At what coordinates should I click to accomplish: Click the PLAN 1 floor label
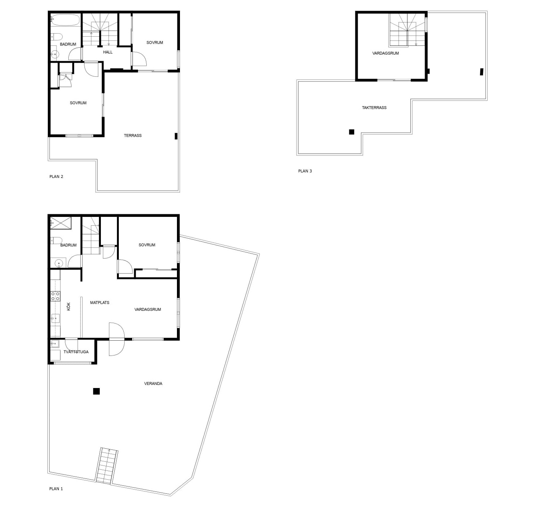coord(56,488)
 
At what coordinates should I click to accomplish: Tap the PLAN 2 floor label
coord(56,176)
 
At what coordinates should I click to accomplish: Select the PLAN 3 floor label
coord(305,171)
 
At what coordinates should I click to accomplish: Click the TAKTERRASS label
coord(374,108)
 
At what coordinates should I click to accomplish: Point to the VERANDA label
coord(153,383)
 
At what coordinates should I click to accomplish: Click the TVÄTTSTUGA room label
coord(76,352)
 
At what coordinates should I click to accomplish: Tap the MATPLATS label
coord(99,302)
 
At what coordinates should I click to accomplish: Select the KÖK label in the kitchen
coord(68,306)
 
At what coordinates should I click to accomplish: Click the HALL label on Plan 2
coord(108,52)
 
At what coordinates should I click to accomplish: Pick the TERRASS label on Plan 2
coord(133,136)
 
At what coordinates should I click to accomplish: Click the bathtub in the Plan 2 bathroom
coord(65,20)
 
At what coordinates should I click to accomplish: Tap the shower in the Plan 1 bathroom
coord(61,223)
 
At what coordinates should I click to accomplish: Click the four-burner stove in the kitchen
coord(55,296)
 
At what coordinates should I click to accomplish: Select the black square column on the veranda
coord(96,391)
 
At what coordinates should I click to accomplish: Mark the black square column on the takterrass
coord(351,132)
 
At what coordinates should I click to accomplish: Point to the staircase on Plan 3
coord(407,30)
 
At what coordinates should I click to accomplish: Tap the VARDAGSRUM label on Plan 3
coord(386,53)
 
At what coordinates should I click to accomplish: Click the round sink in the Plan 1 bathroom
coord(58,263)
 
